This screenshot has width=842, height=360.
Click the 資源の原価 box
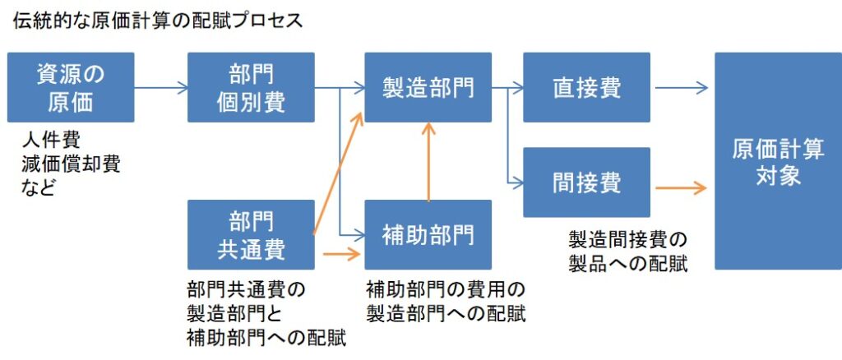coord(71,88)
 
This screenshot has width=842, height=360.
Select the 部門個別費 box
coord(251,88)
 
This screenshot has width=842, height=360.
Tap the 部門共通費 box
coord(251,235)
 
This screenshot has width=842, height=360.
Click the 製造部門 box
coord(428,88)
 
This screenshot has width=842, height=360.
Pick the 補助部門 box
coord(428,235)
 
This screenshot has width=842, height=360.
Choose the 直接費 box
coord(586,88)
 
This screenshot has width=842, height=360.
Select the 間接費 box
coord(586,182)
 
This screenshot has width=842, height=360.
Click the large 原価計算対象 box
coord(778,161)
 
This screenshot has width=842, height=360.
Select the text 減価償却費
coord(72,164)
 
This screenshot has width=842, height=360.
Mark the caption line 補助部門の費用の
coord(445,289)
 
